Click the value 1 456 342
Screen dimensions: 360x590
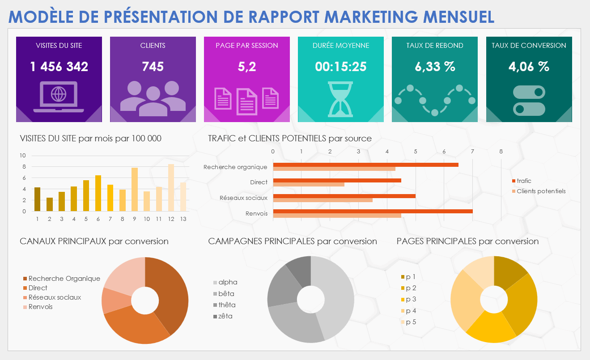(x=59, y=67)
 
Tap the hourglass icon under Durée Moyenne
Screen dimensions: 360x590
(x=340, y=99)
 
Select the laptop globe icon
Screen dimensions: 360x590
(x=59, y=96)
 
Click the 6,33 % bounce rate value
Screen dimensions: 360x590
(x=435, y=67)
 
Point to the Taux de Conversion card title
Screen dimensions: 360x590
(x=529, y=45)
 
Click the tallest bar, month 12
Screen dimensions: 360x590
(x=171, y=187)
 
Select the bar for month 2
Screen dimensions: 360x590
(x=50, y=204)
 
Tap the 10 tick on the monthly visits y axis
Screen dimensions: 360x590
(x=23, y=156)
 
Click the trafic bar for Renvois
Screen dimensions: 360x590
(x=372, y=211)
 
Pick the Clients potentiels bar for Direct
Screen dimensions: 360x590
(x=309, y=184)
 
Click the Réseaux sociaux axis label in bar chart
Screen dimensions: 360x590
(x=243, y=198)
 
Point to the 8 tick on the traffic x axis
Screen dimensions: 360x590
(x=501, y=152)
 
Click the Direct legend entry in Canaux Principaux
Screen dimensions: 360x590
(x=38, y=288)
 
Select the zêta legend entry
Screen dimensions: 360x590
(x=225, y=316)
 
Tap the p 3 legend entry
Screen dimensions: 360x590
(x=411, y=299)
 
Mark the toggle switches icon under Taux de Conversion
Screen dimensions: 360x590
(x=529, y=100)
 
